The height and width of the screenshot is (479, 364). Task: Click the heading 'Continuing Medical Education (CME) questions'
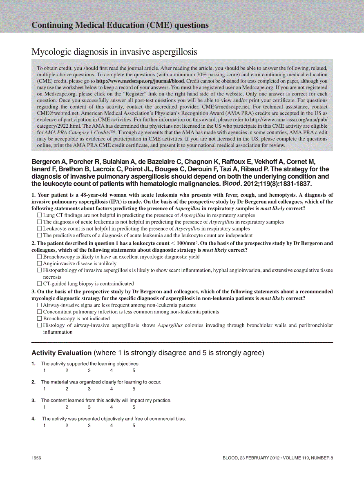tap(120, 25)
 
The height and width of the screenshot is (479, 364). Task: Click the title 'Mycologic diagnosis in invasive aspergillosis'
tap(114, 52)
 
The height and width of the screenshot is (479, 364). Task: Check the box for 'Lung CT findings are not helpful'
tap(39, 215)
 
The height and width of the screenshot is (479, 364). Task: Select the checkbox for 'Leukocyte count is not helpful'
tap(39, 229)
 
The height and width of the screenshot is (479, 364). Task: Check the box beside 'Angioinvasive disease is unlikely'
tap(39, 264)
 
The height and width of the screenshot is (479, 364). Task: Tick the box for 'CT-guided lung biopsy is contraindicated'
tap(39, 284)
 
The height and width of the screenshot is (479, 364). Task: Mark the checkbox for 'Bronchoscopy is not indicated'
tap(39, 318)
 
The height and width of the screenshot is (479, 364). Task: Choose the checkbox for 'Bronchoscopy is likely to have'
tap(39, 257)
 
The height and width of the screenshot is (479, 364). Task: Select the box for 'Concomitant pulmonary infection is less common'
tap(39, 312)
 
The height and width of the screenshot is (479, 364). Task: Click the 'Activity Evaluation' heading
tap(62, 353)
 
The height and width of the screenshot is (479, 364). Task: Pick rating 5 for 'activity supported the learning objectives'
tap(134, 370)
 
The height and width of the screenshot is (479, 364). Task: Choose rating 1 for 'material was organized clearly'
tap(45, 389)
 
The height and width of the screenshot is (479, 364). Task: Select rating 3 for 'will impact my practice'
tap(89, 407)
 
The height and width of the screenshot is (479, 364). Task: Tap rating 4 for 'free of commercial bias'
tap(112, 426)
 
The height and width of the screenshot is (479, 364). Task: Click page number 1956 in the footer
tap(37, 458)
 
